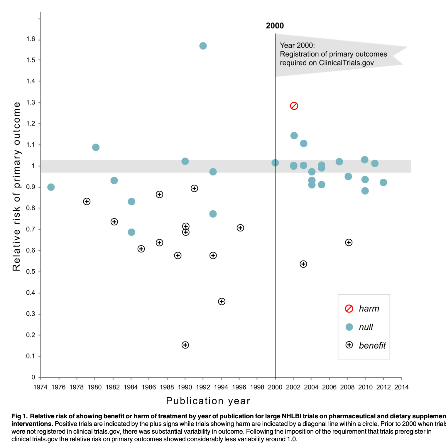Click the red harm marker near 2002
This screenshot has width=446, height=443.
click(x=294, y=106)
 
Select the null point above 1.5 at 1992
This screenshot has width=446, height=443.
click(x=203, y=46)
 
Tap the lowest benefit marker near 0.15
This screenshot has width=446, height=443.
click(x=185, y=345)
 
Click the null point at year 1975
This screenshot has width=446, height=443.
click(x=51, y=187)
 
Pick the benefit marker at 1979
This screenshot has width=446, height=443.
click(x=87, y=202)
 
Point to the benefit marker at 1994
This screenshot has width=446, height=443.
click(x=222, y=302)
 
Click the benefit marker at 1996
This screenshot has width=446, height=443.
click(x=240, y=228)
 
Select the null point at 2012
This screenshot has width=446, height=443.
click(x=383, y=182)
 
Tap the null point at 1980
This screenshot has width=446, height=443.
click(x=96, y=147)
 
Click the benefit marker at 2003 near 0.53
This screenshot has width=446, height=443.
click(x=303, y=264)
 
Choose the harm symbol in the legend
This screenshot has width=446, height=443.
click(x=349, y=309)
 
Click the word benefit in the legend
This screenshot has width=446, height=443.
click(x=372, y=346)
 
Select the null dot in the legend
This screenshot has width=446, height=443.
click(x=349, y=327)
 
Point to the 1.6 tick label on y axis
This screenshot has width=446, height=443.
click(x=31, y=39)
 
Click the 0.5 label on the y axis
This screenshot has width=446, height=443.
click(x=31, y=272)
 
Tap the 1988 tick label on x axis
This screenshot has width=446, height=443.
click(x=167, y=387)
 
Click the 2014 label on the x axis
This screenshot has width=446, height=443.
click(x=401, y=387)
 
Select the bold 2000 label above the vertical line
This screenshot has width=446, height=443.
click(x=275, y=26)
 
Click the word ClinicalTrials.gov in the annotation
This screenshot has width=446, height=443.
click(x=346, y=63)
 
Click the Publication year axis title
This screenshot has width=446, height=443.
click(x=208, y=401)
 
